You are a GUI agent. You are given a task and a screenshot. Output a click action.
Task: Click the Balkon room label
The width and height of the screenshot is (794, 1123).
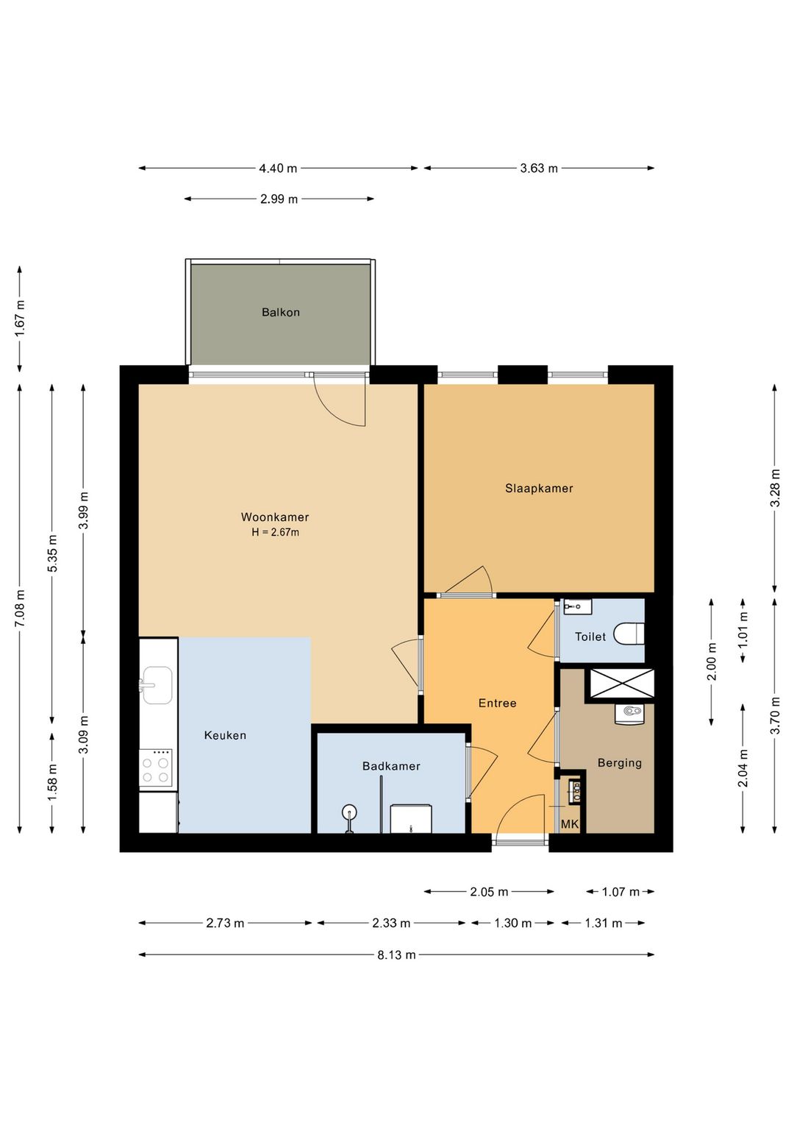point(281,312)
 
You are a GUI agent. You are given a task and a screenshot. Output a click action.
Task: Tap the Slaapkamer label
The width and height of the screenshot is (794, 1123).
point(538,489)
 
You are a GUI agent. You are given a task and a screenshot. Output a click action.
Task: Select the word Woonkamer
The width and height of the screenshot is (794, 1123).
point(275,517)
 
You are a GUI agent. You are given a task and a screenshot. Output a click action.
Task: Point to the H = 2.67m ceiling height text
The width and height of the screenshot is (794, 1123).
point(275,532)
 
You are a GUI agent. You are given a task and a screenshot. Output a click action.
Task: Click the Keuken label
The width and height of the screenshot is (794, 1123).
point(225,735)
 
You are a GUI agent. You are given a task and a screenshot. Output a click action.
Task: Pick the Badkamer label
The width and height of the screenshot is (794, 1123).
point(391,766)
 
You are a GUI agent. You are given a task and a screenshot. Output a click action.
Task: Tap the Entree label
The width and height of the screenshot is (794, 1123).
point(497,704)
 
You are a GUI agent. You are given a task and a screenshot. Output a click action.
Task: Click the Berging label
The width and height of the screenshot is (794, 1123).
point(619,763)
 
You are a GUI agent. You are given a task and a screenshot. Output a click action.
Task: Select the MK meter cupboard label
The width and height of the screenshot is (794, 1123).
point(570,824)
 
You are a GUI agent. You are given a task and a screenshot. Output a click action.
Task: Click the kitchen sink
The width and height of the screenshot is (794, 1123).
point(157,685)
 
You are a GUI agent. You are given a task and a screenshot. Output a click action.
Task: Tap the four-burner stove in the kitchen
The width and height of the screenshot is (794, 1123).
point(155,769)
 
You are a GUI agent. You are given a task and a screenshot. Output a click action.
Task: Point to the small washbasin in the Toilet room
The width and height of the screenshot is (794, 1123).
point(577,606)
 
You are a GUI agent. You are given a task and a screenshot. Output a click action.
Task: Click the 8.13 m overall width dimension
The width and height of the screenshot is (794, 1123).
point(396,955)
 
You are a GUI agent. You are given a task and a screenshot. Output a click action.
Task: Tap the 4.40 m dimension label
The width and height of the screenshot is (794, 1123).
point(278,169)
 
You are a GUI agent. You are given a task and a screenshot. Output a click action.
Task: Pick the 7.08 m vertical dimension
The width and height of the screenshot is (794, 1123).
point(20,609)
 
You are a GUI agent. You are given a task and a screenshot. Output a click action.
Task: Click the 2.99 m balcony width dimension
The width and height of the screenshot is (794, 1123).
point(279,199)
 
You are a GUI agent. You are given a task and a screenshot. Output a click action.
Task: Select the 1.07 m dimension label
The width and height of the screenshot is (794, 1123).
point(620,892)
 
